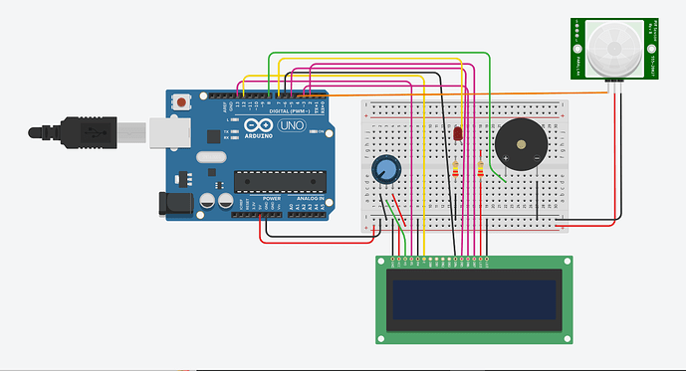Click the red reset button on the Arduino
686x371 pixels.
[182, 100]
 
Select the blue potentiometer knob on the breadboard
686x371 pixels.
[384, 171]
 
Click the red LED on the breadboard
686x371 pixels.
[457, 133]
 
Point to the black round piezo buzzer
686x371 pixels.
[522, 146]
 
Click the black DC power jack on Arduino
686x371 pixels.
[175, 202]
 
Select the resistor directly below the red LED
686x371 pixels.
[457, 170]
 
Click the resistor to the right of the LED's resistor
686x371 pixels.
[481, 171]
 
